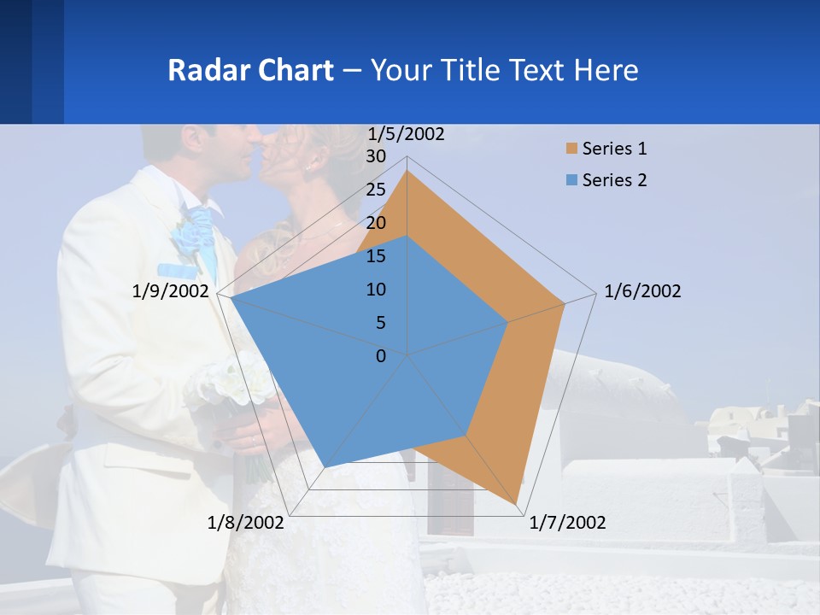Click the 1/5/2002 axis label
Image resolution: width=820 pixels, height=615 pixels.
click(x=407, y=134)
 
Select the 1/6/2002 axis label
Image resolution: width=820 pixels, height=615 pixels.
click(x=642, y=291)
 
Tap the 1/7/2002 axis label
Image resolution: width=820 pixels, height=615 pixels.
click(x=567, y=523)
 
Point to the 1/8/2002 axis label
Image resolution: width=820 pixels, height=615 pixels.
click(x=246, y=523)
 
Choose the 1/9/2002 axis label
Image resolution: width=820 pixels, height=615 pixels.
click(x=171, y=291)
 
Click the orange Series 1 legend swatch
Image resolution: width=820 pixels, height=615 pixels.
click(x=571, y=149)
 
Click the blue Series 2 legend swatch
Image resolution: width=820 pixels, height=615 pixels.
click(x=571, y=180)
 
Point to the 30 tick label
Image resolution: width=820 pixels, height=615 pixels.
click(x=376, y=156)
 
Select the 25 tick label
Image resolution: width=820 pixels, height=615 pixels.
click(x=376, y=190)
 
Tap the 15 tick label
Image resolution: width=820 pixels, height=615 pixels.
click(x=376, y=256)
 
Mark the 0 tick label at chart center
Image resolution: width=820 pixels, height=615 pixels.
click(x=381, y=356)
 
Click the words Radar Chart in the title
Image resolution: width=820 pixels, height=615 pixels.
click(x=250, y=70)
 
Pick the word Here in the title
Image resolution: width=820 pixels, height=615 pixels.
click(x=606, y=70)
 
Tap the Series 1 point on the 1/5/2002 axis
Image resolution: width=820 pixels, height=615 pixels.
click(x=407, y=171)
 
